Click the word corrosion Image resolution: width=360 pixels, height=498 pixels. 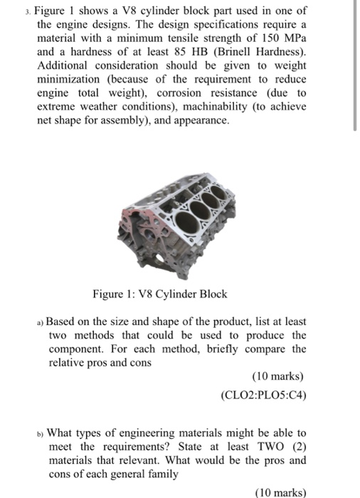click(x=200, y=94)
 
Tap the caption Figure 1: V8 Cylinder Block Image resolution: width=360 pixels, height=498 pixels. click(x=178, y=295)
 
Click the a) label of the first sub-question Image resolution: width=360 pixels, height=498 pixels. click(x=41, y=322)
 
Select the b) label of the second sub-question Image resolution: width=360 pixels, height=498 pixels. click(x=41, y=433)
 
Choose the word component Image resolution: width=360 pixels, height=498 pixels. click(x=78, y=349)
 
